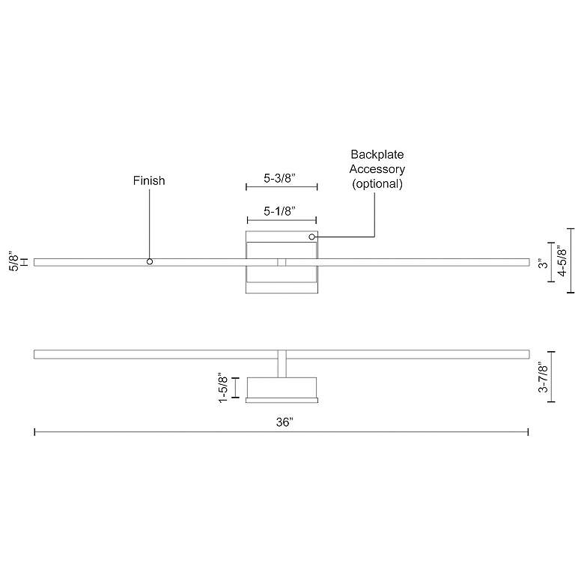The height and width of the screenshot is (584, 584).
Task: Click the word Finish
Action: [149, 180]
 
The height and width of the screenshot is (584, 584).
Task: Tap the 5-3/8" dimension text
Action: [280, 178]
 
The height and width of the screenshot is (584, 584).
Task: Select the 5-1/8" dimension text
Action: [280, 211]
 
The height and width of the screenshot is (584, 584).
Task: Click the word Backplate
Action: [377, 154]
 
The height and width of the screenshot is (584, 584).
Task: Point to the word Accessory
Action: [377, 169]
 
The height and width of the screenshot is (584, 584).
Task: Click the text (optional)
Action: [377, 183]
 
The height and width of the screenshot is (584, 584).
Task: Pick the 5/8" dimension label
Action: [13, 261]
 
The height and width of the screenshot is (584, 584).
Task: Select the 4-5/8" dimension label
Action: [562, 261]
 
